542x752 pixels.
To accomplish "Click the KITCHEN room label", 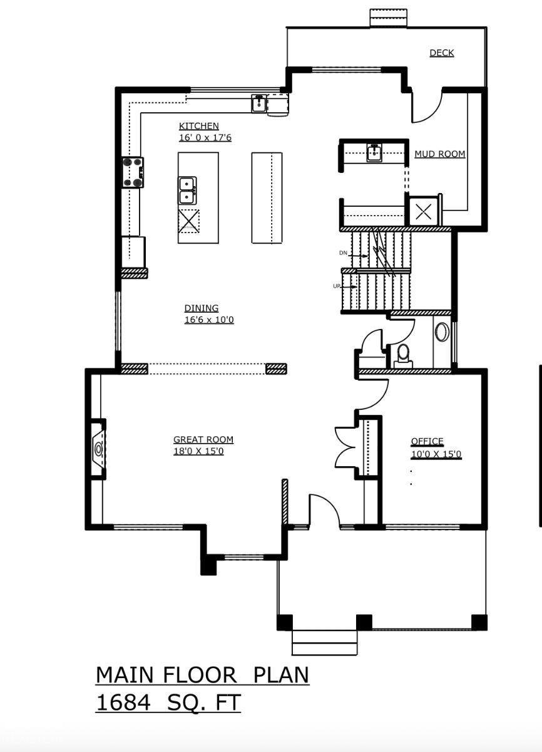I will (x=198, y=126).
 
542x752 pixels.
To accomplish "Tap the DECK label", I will (x=441, y=53).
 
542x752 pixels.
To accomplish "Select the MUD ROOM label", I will (x=439, y=154).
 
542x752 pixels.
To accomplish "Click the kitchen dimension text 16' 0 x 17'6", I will (x=205, y=137).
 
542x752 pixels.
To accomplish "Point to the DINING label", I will (x=201, y=308).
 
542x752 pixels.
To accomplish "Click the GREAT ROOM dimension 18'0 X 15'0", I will (x=198, y=451).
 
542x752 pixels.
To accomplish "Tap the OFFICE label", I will (x=427, y=442).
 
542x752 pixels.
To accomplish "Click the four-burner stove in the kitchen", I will (x=133, y=172).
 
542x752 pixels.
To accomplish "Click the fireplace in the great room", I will (x=98, y=449).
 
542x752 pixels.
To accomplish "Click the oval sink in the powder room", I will (x=442, y=332).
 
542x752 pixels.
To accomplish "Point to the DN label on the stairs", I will (x=343, y=253).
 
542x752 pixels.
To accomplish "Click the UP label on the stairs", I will (x=337, y=286).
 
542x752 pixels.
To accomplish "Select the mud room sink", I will (x=374, y=152).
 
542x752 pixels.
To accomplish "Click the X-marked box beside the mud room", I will (x=424, y=212).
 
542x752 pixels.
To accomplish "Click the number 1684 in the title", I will (x=123, y=702).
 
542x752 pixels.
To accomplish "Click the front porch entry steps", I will (x=324, y=642).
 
